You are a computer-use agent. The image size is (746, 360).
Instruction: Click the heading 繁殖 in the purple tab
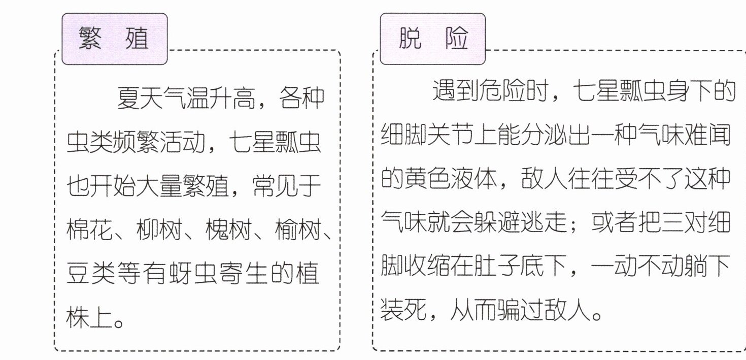tap(114, 39)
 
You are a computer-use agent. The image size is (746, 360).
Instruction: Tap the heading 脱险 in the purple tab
tap(433, 39)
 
